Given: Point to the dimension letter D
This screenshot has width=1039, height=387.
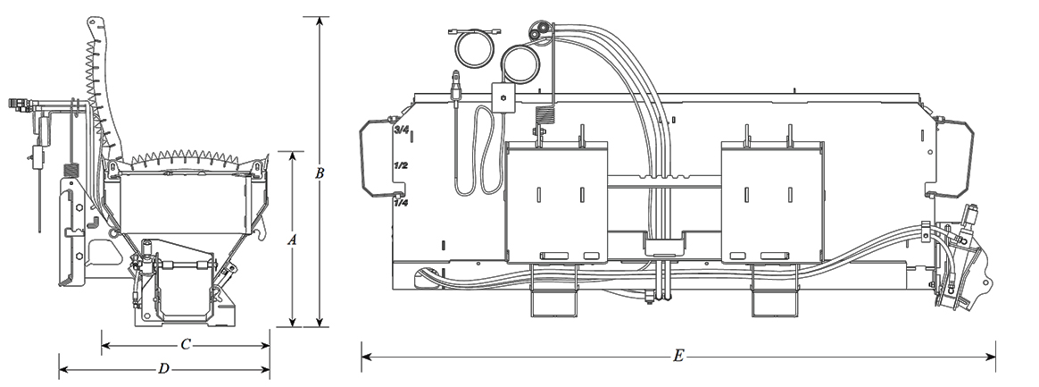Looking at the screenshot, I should [x=163, y=367].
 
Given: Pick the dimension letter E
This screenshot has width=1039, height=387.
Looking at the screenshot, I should [x=678, y=357].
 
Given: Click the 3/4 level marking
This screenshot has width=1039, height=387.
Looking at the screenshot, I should [x=402, y=130].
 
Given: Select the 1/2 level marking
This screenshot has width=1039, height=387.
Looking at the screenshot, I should [x=401, y=166].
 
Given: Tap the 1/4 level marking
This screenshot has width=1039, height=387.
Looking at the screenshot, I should [x=402, y=203].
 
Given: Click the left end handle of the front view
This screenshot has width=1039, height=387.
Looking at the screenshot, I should [x=376, y=159].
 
